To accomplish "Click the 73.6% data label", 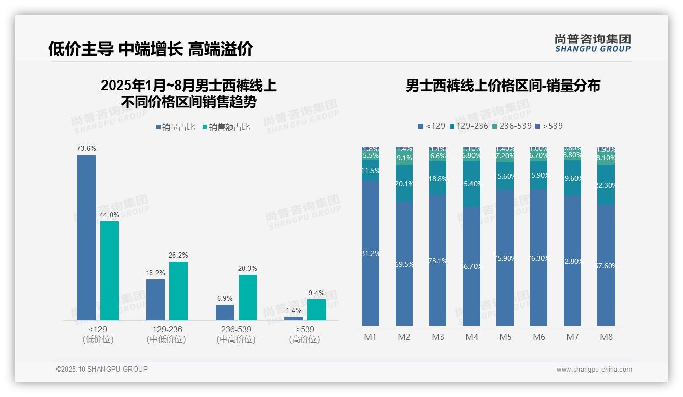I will [x=87, y=149].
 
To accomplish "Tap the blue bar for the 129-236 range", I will [x=155, y=300].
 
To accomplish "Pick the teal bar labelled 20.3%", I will [x=248, y=297].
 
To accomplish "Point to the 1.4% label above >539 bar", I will [x=294, y=311].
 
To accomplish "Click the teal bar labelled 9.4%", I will [x=317, y=309].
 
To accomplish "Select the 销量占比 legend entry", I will [x=175, y=127].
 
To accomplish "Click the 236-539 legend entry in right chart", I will [x=512, y=126].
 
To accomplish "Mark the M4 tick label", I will [x=471, y=337].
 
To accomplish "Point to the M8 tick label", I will [x=606, y=337].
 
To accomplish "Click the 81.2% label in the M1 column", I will [x=371, y=253].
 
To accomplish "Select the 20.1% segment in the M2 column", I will [x=404, y=184].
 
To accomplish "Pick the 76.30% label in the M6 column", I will [x=539, y=258].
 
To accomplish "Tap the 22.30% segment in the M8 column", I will [x=606, y=185].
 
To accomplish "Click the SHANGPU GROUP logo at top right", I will [x=593, y=43].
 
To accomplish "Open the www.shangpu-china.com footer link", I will [x=594, y=370].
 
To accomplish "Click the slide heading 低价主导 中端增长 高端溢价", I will [x=150, y=49].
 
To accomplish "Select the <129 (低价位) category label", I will [x=97, y=334].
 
